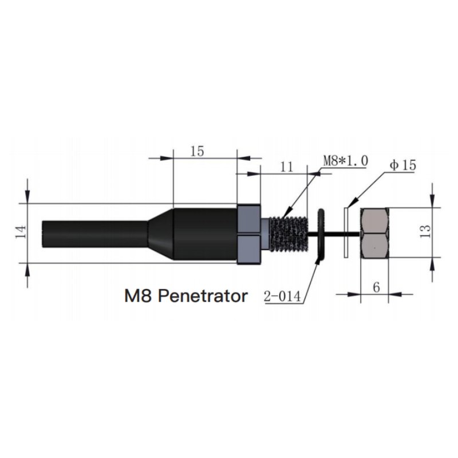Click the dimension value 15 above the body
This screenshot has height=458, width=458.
(x=197, y=151)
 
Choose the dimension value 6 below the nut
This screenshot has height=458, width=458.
(x=376, y=288)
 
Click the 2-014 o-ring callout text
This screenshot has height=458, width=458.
(x=285, y=297)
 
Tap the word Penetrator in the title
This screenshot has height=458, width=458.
(x=203, y=296)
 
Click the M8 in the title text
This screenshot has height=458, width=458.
(x=137, y=296)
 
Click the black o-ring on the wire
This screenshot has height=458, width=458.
(x=320, y=232)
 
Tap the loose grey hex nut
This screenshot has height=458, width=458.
(x=375, y=232)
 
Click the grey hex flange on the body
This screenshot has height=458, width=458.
(x=249, y=232)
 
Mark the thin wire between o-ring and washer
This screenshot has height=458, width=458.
(x=335, y=232)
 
